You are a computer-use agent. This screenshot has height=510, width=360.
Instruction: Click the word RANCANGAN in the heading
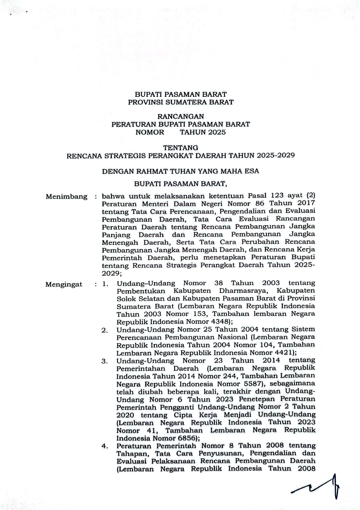pos(180,116)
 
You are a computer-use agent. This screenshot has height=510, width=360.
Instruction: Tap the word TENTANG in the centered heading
pos(180,148)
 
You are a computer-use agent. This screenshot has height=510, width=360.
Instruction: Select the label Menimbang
pos(66,196)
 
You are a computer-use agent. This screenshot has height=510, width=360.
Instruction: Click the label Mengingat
pos(64,284)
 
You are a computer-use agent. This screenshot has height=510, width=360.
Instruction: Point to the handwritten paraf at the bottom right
pos(319,487)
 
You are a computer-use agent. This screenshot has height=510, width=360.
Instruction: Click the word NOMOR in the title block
pos(150,132)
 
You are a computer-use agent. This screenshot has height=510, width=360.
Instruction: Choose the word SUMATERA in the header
pos(183,102)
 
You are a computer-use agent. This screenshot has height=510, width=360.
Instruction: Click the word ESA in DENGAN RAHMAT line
pos(251,171)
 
